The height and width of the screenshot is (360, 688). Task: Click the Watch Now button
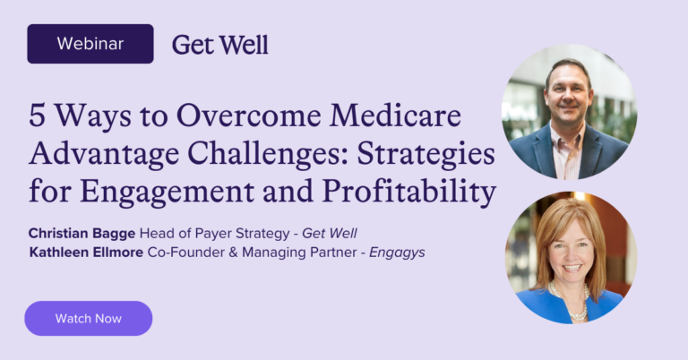88,318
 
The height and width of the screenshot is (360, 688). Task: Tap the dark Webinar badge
90,43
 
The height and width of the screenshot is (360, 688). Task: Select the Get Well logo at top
219,44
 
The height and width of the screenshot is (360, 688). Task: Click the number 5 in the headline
39,116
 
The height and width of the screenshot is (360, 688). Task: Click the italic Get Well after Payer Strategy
330,234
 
